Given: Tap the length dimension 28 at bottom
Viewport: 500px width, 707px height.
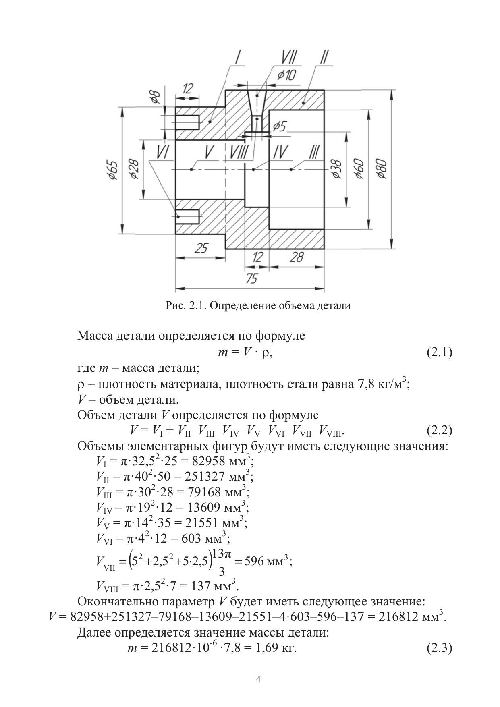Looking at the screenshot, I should click(297, 257).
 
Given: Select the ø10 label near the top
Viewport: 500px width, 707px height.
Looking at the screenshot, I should click(286, 75).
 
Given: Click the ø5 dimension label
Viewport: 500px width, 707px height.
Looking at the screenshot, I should click(279, 126).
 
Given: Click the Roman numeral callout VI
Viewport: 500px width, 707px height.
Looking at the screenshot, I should click(163, 153).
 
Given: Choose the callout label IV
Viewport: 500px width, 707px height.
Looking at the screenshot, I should click(280, 153).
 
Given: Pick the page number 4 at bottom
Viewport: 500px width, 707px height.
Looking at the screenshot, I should click(258, 680).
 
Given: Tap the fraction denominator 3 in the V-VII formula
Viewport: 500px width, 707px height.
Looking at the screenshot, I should click(221, 571).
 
